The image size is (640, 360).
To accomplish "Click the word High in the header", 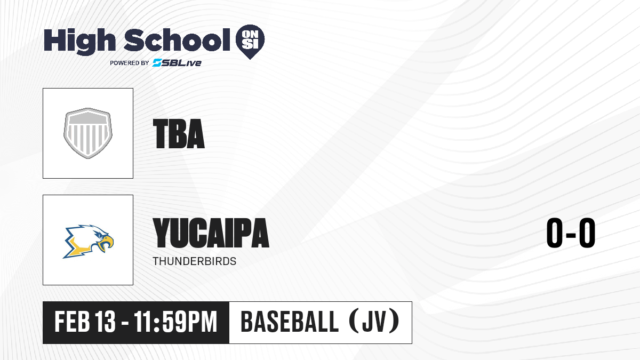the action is [80, 42].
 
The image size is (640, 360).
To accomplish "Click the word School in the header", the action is [177, 40].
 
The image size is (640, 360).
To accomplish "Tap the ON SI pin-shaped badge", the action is [250, 42].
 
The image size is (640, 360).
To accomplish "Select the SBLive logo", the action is [177, 62].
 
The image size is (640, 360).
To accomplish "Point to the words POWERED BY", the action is [130, 63].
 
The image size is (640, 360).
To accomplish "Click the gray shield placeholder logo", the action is [88, 133].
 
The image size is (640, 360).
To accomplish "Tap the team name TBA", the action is [179, 134].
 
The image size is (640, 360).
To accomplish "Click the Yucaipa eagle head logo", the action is [88, 242].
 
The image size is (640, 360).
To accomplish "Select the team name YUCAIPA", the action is [211, 233].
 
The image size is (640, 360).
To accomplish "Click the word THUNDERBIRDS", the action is [194, 261].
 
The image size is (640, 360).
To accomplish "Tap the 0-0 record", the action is [571, 233].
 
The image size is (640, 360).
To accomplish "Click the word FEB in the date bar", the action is [72, 322].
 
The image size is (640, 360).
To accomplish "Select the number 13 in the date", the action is [105, 322].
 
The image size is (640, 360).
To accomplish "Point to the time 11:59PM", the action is [175, 322].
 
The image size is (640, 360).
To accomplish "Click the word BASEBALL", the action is [290, 322].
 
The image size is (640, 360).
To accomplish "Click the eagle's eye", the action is [99, 235].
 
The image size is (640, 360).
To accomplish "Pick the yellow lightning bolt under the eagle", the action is [77, 248].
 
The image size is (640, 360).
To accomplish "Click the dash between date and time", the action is [125, 323].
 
